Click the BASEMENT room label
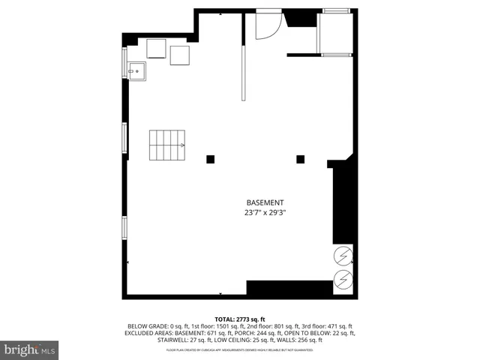pyautogui.click(x=265, y=202)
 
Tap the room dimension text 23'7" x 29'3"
pyautogui.click(x=265, y=213)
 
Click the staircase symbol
pyautogui.click(x=167, y=145)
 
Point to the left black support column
pyautogui.click(x=211, y=158)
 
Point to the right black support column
pyautogui.click(x=300, y=158)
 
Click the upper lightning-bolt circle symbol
pyautogui.click(x=343, y=256)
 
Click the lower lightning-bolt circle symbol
pyautogui.click(x=343, y=282)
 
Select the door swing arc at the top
pyautogui.click(x=268, y=26)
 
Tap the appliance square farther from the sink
pyautogui.click(x=180, y=55)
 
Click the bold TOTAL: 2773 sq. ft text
pyautogui.click(x=240, y=319)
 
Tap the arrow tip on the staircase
pyautogui.click(x=183, y=145)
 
